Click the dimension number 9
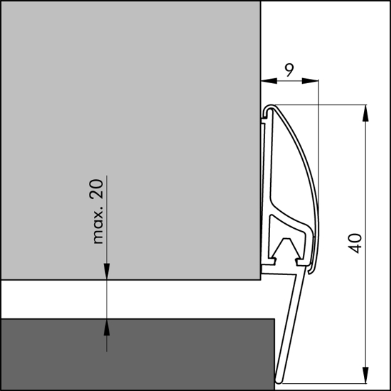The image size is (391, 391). coord(289,70)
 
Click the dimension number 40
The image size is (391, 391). coord(357,242)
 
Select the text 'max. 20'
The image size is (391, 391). coord(98,211)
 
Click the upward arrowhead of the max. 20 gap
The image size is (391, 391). coord(107,326)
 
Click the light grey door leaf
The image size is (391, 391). coord(128,142)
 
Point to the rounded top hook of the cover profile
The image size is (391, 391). coord(268,109)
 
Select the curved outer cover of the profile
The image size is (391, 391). coord(313,178)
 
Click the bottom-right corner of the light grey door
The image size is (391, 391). coord(257,280)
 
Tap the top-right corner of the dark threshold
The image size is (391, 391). coord(274,318)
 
